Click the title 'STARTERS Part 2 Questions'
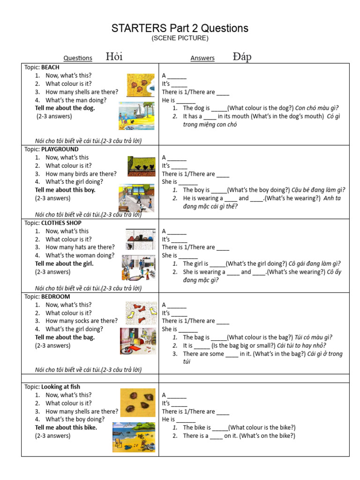coord(180,28)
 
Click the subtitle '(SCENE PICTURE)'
coord(180,38)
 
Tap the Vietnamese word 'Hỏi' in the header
coord(114,57)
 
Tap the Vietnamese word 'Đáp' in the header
coord(242,57)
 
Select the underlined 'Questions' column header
coord(78,58)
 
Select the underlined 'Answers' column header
coord(202,58)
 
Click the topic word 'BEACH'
coord(50,67)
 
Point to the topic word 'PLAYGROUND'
coord(60,149)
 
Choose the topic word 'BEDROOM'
coord(56,297)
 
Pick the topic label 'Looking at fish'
coord(60,387)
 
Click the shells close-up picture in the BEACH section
coord(140,85)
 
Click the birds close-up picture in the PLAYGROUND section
coord(141,166)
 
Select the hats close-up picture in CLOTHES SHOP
coord(140,240)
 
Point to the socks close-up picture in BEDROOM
coord(141,313)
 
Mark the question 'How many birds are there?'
coord(81,174)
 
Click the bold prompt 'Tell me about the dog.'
coord(65,108)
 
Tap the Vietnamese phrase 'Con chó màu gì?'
coord(316,108)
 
